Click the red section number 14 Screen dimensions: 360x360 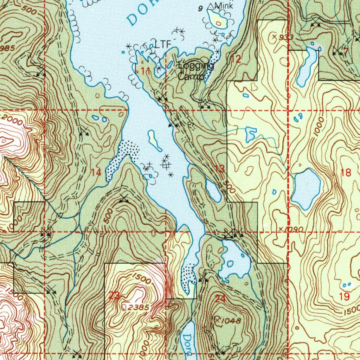coord(96,172)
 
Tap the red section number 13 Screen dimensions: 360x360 coord(219,169)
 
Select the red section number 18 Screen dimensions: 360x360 coord(346,172)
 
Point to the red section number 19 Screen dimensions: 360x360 coord(345,296)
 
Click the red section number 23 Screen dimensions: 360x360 coord(114,296)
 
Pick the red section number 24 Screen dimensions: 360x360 coord(220,299)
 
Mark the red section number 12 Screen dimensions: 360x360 coord(236,59)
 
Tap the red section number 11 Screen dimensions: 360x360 coord(146,71)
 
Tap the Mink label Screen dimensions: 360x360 coord(224,6)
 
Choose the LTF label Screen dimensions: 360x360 coord(163,45)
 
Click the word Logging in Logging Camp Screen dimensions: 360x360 coord(196,66)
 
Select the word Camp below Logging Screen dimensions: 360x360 coord(190,76)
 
